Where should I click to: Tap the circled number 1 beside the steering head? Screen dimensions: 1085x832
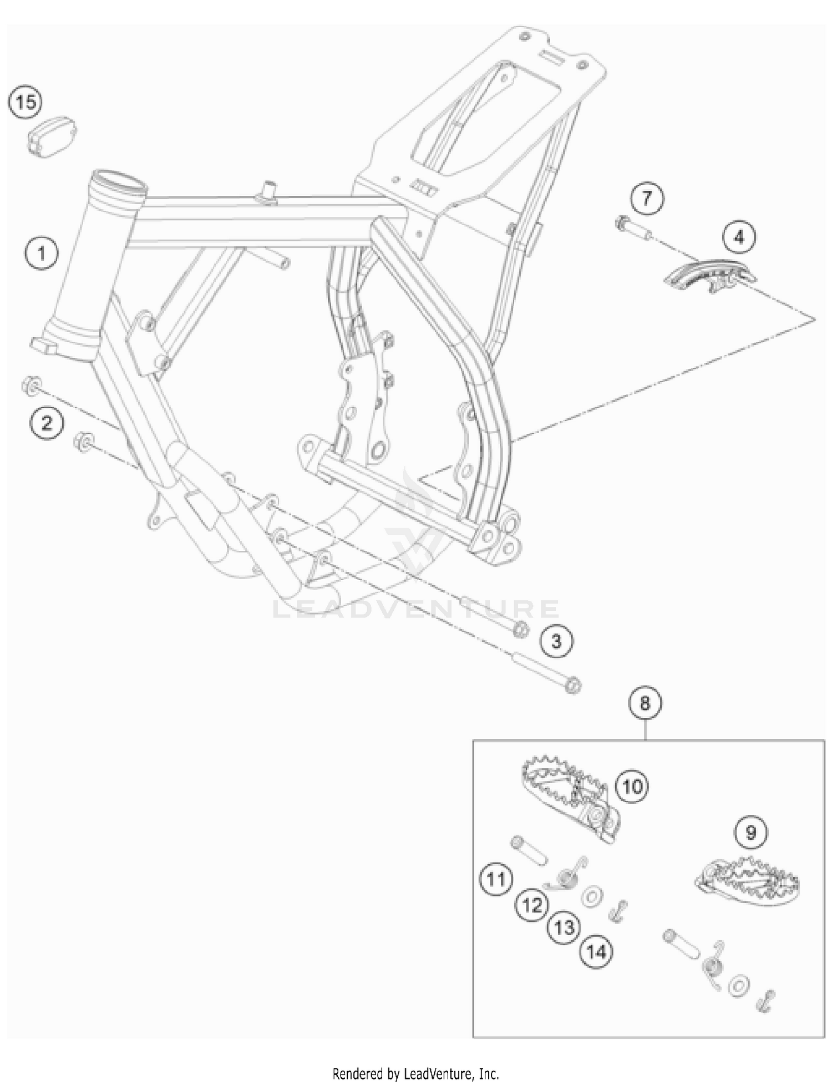[x=41, y=254]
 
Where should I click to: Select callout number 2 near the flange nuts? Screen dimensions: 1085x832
[x=47, y=423]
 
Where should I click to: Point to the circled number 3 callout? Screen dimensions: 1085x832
[x=556, y=641]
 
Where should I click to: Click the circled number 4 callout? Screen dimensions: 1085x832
[x=739, y=237]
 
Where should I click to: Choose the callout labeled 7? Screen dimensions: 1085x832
[x=647, y=198]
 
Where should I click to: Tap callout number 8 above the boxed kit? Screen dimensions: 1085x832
[x=645, y=703]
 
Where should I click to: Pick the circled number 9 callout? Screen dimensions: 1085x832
[x=750, y=833]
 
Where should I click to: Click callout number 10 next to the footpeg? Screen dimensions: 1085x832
[x=633, y=786]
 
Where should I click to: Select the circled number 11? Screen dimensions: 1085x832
[x=496, y=879]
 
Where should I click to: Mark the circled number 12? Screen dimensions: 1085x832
[x=532, y=905]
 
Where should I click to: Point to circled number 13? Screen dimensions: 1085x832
[x=565, y=927]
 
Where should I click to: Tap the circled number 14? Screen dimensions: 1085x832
[x=596, y=952]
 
